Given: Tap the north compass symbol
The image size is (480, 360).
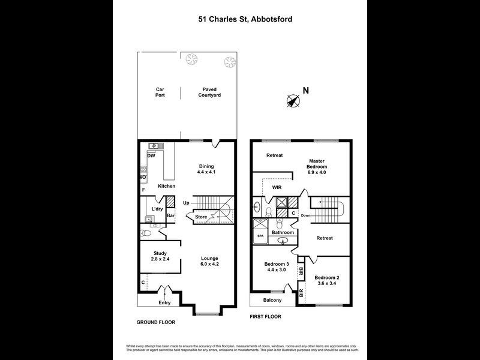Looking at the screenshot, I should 293,101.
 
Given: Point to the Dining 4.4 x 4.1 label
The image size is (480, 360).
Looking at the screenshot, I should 206,169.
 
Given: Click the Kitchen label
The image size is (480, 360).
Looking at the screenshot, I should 166,186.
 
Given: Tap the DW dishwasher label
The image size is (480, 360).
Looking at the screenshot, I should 151,156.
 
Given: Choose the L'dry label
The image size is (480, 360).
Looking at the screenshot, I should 157,209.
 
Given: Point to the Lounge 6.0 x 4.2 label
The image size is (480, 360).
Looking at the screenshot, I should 209,261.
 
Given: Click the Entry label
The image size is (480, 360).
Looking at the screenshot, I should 164,302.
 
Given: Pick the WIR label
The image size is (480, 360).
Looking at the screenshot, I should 278,187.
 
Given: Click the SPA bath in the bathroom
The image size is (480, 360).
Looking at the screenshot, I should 260,236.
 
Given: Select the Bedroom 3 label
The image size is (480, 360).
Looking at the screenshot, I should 277,268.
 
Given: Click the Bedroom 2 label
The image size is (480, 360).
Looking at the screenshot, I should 327,281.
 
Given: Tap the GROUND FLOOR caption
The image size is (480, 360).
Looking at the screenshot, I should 155,322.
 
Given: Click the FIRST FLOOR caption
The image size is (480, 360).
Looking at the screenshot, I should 265,316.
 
